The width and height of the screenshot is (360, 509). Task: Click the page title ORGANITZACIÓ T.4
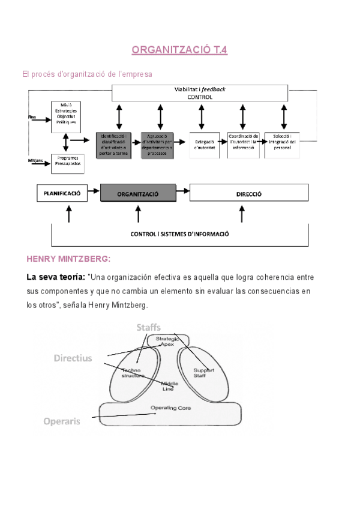pyautogui.click(x=179, y=51)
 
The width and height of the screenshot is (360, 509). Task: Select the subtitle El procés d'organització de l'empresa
pyautogui.click(x=87, y=74)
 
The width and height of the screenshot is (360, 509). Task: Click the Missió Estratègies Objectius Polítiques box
pyautogui.click(x=66, y=116)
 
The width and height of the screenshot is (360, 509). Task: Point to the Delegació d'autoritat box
pyautogui.click(x=205, y=145)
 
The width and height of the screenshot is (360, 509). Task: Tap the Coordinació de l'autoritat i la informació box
pyautogui.click(x=244, y=145)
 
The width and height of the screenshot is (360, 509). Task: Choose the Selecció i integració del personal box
pyautogui.click(x=282, y=145)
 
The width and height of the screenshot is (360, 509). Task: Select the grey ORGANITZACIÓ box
pyautogui.click(x=138, y=194)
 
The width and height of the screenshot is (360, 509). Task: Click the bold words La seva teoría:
pyautogui.click(x=55, y=277)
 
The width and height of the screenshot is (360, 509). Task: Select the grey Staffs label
pyautogui.click(x=148, y=327)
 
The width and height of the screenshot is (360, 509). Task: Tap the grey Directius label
pyautogui.click(x=73, y=358)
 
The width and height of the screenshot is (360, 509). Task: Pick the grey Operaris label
pyautogui.click(x=62, y=421)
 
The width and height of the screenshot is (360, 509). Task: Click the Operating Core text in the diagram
pyautogui.click(x=170, y=408)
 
